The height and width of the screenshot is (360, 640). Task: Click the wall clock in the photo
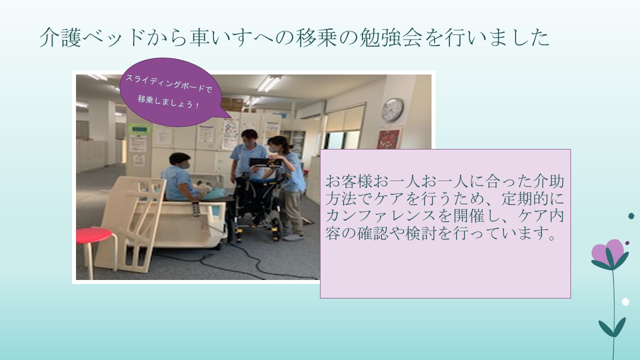click(392, 109)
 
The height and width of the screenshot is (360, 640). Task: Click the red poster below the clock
click(388, 139)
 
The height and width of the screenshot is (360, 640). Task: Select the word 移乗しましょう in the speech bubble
click(165, 102)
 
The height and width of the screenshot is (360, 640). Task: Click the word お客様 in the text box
click(349, 181)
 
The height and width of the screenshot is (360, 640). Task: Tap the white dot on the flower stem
click(625, 302)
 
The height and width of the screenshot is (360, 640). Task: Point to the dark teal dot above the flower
click(631, 216)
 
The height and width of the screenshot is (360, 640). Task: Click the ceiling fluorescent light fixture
click(268, 83)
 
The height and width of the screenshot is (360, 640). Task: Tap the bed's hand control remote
click(195, 209)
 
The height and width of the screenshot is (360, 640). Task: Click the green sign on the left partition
click(139, 129)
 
